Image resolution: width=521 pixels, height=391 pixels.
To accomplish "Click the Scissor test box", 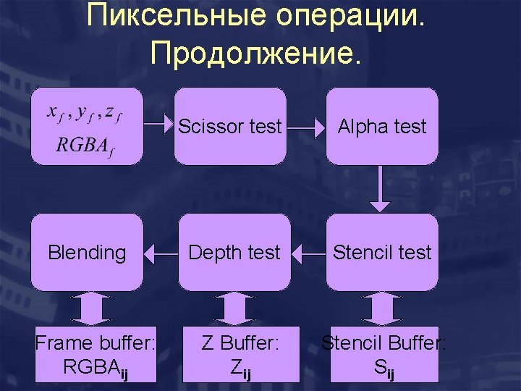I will (230, 127).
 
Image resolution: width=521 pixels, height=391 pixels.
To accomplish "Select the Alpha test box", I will (382, 127).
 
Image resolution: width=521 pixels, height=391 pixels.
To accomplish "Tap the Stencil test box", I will (382, 252).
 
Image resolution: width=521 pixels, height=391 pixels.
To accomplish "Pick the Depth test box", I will (233, 252).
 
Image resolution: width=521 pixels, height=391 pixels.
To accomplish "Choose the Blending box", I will (87, 252).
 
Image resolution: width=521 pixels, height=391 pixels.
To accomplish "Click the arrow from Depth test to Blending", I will (159, 253).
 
